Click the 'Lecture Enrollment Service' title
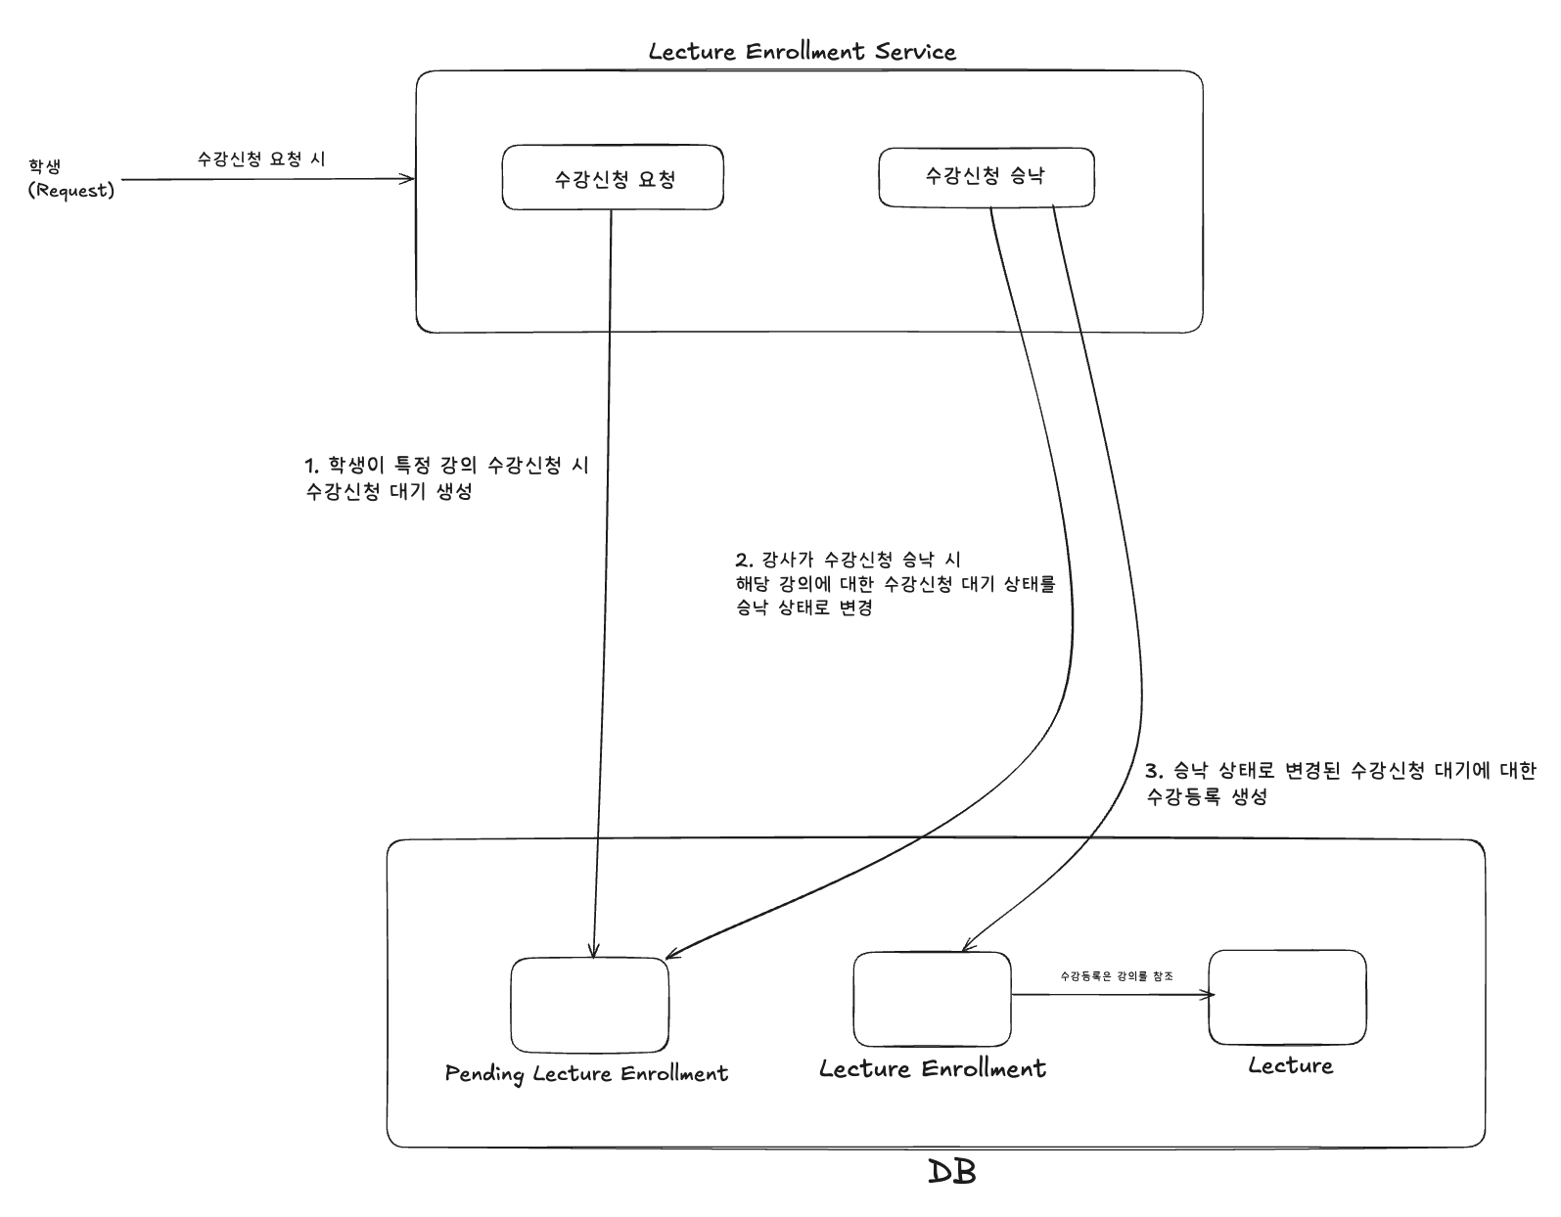tap(802, 52)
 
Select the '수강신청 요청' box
tap(613, 178)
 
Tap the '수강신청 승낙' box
tap(986, 176)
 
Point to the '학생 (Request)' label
tap(70, 179)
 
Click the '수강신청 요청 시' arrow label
tap(261, 158)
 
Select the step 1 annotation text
tap(447, 477)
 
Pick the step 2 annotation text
tap(895, 583)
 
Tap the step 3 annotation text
tap(1340, 783)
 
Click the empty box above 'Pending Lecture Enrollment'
tap(589, 1005)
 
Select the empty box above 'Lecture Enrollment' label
tap(932, 1000)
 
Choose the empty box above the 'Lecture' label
tap(1287, 997)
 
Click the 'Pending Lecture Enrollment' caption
tap(586, 1073)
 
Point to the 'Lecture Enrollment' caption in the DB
tap(932, 1068)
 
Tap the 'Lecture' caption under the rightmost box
tap(1290, 1065)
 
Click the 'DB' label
tap(951, 1172)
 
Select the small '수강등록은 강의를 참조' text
tap(1117, 976)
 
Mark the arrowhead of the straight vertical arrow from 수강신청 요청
tap(592, 951)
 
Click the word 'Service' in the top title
tap(915, 52)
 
